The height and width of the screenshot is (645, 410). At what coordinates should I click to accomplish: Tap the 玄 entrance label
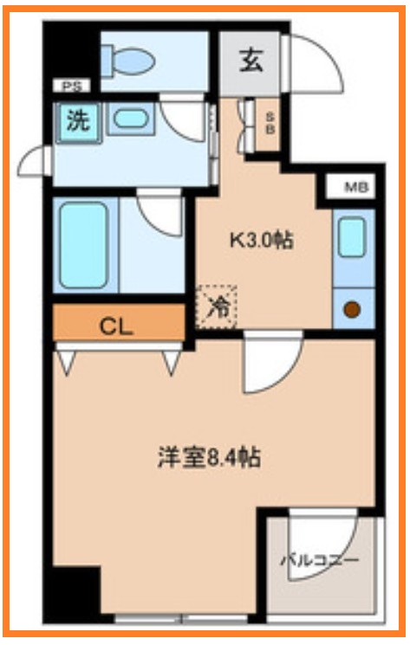pos(251,61)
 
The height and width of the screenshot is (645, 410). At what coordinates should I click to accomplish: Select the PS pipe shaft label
pos(69,87)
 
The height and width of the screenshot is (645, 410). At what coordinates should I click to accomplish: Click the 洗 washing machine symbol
pos(78,120)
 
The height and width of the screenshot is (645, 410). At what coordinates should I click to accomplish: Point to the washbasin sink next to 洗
pos(130,119)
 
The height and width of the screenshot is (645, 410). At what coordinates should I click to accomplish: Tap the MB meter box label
pos(355,186)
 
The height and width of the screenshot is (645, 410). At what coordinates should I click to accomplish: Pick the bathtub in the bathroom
pos(83,245)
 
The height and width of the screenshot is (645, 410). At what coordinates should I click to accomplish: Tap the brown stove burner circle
pos(352,309)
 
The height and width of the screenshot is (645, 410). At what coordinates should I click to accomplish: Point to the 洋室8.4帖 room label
pos(209,457)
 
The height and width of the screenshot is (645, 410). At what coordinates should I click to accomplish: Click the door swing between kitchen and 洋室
pos(270,364)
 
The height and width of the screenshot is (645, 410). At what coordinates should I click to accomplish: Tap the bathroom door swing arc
pos(161,216)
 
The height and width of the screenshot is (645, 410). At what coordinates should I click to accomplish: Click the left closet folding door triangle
pos(66,359)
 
